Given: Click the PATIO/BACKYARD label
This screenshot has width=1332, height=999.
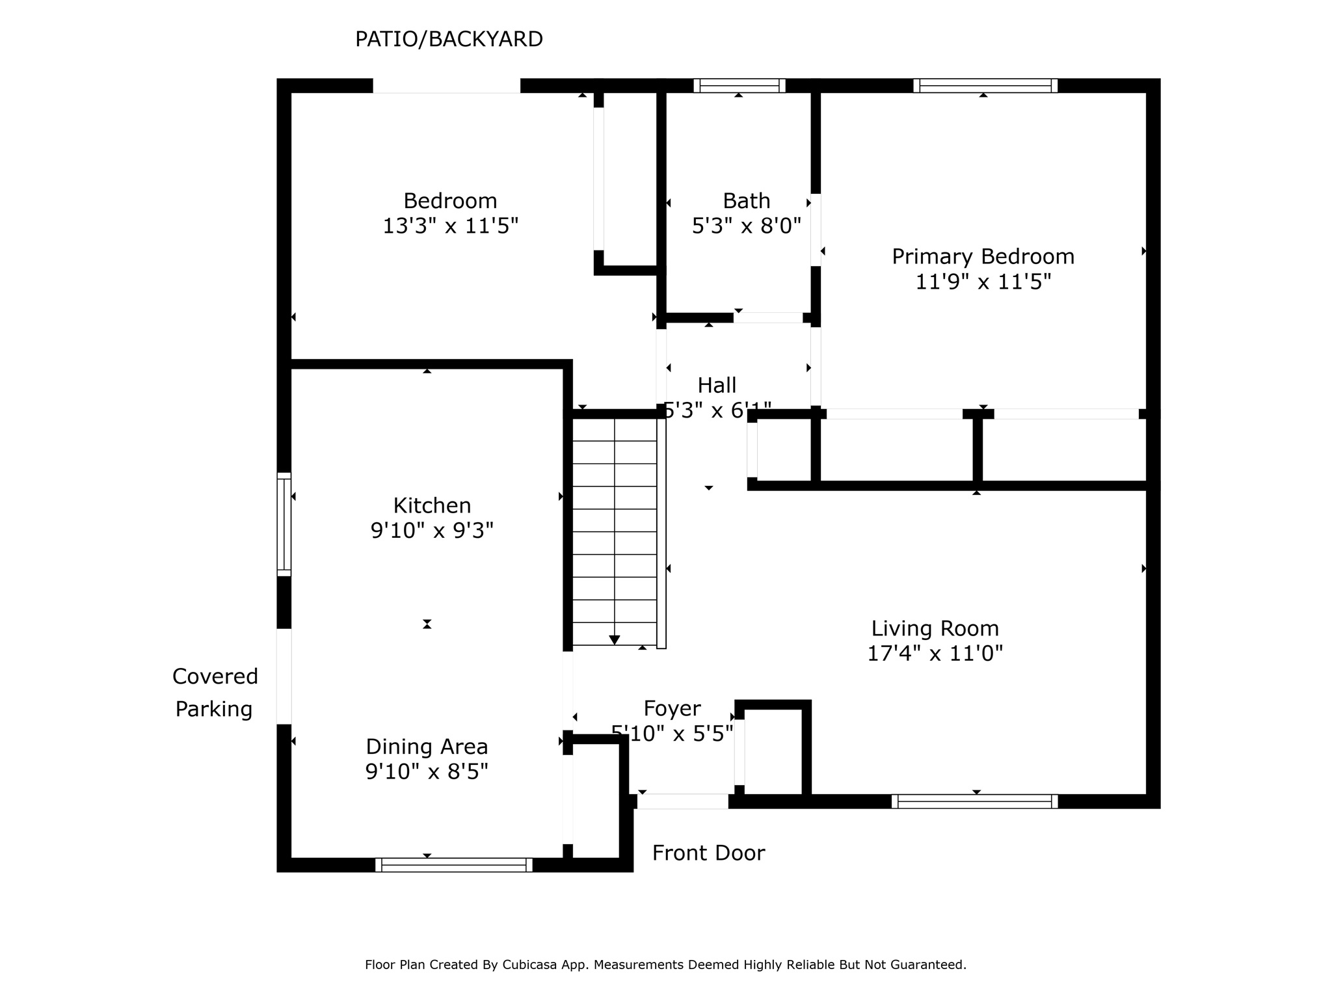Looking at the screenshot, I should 449,40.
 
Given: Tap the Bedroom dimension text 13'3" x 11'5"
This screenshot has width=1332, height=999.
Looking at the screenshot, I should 450,226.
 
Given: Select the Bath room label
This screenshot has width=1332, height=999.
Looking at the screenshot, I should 746,200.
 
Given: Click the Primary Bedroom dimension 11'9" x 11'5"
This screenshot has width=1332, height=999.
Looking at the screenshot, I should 983,282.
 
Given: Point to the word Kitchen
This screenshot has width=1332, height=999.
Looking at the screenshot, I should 432,505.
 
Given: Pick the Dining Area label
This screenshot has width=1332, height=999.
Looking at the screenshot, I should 427,747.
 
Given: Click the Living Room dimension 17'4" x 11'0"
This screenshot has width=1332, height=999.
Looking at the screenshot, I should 935,653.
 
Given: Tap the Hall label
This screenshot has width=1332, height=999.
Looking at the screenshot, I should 717,385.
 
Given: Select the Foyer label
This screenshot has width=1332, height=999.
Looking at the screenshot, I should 672,708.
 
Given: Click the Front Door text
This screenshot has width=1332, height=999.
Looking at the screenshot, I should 708,853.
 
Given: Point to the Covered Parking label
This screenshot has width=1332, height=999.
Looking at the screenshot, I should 215,693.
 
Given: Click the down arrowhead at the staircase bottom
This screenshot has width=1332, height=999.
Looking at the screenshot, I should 614,640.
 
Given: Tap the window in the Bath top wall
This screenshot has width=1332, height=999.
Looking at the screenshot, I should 739,86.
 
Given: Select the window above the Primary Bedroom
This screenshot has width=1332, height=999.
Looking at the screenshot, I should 985,86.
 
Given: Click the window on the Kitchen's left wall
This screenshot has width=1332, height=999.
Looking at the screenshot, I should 284,524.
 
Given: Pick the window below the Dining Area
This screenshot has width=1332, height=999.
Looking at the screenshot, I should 453,865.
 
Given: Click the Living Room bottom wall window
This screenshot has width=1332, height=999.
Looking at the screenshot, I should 974,801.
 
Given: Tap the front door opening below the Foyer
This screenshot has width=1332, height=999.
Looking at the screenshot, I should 682,801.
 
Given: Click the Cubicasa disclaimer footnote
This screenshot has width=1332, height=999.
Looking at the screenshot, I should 665,965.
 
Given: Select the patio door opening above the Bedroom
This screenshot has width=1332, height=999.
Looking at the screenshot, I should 446,86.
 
